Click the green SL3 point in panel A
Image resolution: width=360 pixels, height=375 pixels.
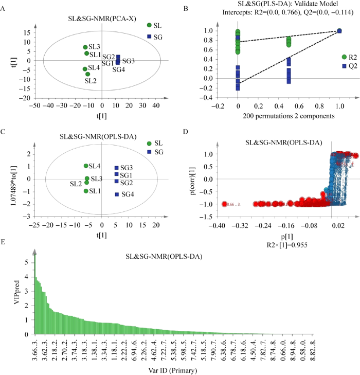[x=85, y=47]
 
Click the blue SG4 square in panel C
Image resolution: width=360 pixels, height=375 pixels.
[x=117, y=194]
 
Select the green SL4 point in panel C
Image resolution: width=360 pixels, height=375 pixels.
[x=86, y=166]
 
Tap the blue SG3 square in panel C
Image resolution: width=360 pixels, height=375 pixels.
[x=117, y=168]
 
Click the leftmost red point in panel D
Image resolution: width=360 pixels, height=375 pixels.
[x=224, y=204]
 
